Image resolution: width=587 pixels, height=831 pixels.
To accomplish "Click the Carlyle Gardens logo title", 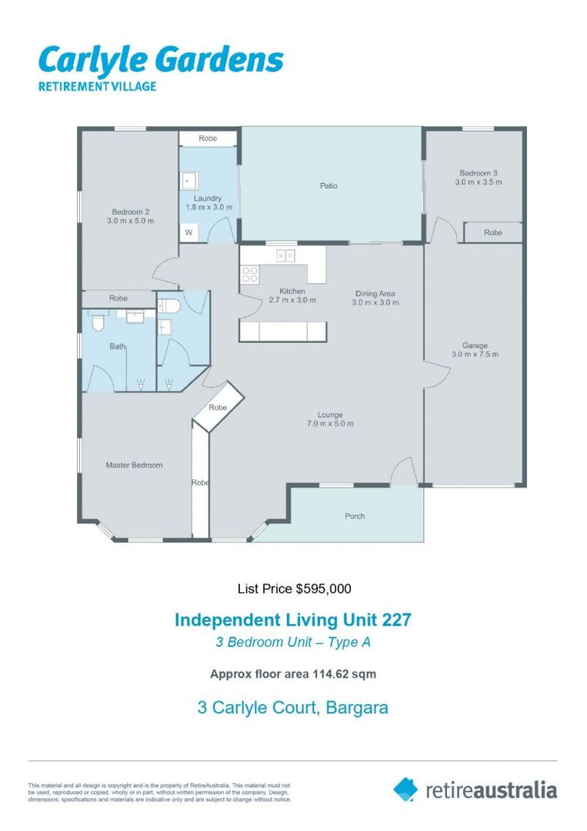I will (161, 60).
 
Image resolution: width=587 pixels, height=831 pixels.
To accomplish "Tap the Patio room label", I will (329, 185).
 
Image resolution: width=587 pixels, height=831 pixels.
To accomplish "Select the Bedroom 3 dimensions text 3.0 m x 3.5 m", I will (478, 182).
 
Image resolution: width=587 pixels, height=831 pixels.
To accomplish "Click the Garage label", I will (475, 345).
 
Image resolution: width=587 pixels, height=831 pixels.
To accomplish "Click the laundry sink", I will (189, 181).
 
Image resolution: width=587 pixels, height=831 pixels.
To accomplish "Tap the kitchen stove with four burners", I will (249, 273).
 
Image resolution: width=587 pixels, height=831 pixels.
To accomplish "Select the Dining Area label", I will (375, 293).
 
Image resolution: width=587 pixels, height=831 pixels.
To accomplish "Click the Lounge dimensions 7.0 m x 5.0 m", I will (330, 424).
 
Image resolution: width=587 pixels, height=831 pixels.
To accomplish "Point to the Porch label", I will (355, 516).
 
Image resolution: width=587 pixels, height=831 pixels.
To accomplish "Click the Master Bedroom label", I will (134, 465).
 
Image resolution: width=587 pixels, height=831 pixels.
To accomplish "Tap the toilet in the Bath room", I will (97, 323).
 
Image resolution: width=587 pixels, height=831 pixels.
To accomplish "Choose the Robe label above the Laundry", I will (208, 138).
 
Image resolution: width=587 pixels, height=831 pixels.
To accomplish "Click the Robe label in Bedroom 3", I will (493, 232).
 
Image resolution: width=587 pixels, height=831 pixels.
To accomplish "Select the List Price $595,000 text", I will (293, 589).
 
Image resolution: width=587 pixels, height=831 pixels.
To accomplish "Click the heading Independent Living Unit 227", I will (293, 619).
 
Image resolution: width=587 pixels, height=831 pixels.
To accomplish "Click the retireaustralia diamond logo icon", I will (405, 789).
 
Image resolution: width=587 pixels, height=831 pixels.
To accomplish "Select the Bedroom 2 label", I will (130, 212).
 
